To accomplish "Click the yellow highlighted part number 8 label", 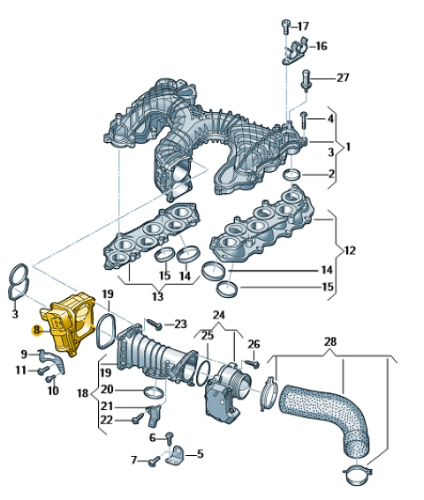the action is click(36, 330).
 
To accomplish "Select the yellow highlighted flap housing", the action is click(69, 324).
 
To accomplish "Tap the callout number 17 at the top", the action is click(303, 26).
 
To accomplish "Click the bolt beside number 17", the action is click(286, 26).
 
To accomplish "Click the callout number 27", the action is click(343, 78).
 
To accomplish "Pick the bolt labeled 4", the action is click(304, 120).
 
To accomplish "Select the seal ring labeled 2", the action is click(292, 175).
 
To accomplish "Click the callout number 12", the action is click(350, 250).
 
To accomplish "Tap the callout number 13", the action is click(157, 296).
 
